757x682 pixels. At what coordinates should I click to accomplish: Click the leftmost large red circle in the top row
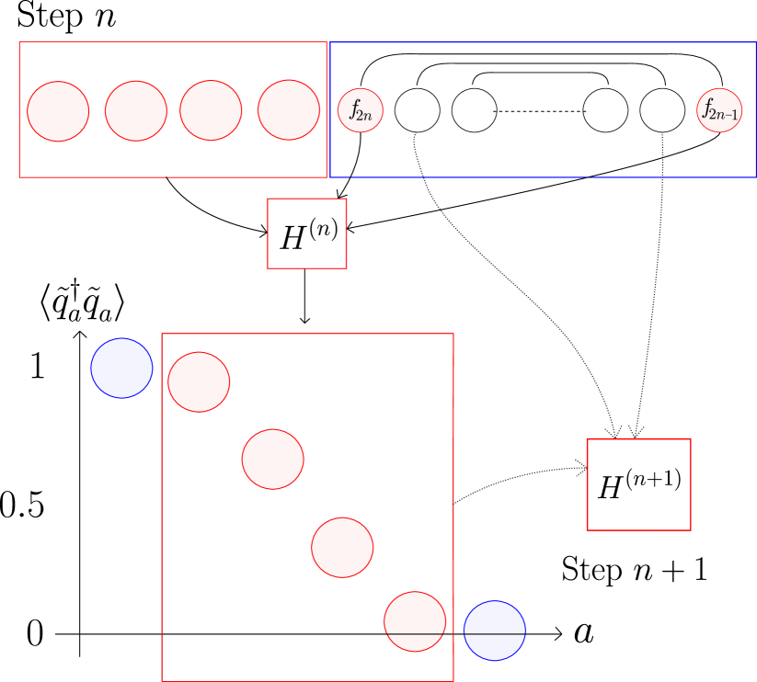(58, 111)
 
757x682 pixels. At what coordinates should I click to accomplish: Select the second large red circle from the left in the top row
(136, 111)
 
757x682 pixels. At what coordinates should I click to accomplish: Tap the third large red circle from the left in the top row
(211, 110)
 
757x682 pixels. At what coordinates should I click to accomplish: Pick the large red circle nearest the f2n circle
(289, 110)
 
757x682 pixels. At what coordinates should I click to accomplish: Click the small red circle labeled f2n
(361, 110)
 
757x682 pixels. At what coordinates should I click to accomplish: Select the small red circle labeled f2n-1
(719, 110)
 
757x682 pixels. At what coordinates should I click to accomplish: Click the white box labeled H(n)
(307, 233)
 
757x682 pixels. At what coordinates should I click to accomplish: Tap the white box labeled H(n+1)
(638, 484)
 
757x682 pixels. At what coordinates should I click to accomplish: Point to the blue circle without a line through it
(121, 368)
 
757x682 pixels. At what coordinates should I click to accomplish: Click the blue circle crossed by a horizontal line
(494, 631)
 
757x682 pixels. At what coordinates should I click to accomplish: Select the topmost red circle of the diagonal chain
(199, 381)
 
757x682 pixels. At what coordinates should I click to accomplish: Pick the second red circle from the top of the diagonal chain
(272, 460)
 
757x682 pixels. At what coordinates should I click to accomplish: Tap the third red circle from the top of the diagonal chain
(342, 548)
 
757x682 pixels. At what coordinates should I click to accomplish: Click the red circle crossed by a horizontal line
(415, 621)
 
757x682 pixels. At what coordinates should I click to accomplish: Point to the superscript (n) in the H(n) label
(323, 228)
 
